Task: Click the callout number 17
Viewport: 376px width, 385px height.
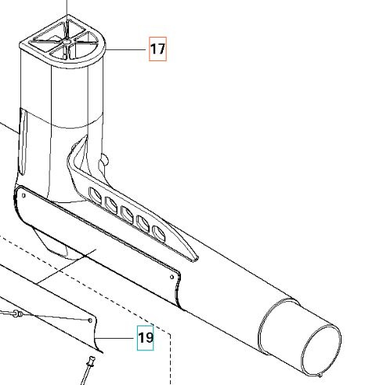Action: [x=157, y=49]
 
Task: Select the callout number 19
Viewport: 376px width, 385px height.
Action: [x=146, y=339]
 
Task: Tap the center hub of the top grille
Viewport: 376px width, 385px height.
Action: [x=70, y=37]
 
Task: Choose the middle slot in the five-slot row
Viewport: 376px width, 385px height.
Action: [x=126, y=212]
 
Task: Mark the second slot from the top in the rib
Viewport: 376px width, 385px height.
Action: [x=111, y=203]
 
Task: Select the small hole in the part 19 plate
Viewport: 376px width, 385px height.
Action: [x=91, y=321]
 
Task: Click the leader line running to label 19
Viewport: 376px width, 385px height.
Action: [x=117, y=339]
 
